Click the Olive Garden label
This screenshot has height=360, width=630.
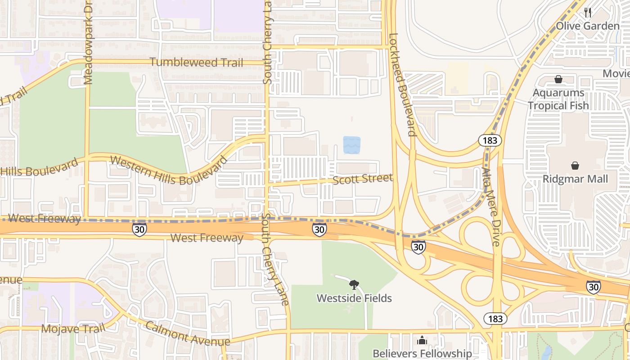pos(587,26)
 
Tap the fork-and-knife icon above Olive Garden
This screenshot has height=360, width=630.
pos(588,13)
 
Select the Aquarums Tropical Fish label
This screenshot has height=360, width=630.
pos(558,99)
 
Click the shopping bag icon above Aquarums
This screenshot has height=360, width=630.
pos(558,80)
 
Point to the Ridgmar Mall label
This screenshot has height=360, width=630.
pos(575,179)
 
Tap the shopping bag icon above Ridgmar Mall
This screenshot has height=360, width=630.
pos(575,166)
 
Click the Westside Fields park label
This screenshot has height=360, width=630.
pos(354,298)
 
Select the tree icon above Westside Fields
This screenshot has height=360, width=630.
pos(354,284)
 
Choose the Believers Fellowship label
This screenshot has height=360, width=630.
pos(422,353)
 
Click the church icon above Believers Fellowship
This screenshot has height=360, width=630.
pos(422,340)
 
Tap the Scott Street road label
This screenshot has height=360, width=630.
pos(363,179)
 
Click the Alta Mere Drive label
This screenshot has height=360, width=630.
pos(490,207)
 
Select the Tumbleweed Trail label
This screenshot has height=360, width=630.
pos(196,63)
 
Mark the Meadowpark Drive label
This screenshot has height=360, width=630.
pos(88,43)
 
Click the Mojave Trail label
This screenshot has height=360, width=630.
pos(72,328)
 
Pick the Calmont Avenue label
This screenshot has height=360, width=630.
pos(187,334)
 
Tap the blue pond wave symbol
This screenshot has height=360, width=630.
pos(351,145)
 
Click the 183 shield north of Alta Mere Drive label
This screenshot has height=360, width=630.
pos(490,140)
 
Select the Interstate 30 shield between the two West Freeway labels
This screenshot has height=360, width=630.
pos(139,229)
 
